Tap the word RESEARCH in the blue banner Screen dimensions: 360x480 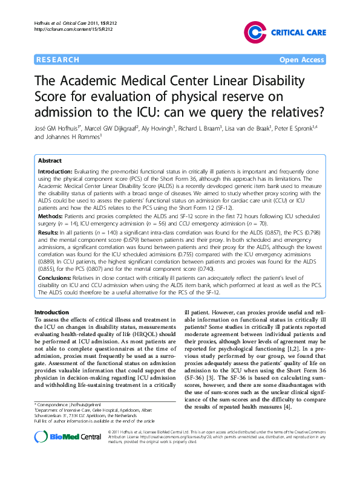[58, 59]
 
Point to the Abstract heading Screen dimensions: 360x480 [50, 161]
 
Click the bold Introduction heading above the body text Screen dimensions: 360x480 [53, 312]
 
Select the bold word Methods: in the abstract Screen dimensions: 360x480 [50, 215]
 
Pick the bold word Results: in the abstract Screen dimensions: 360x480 [49, 232]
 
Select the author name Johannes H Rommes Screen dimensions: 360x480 [71, 138]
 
